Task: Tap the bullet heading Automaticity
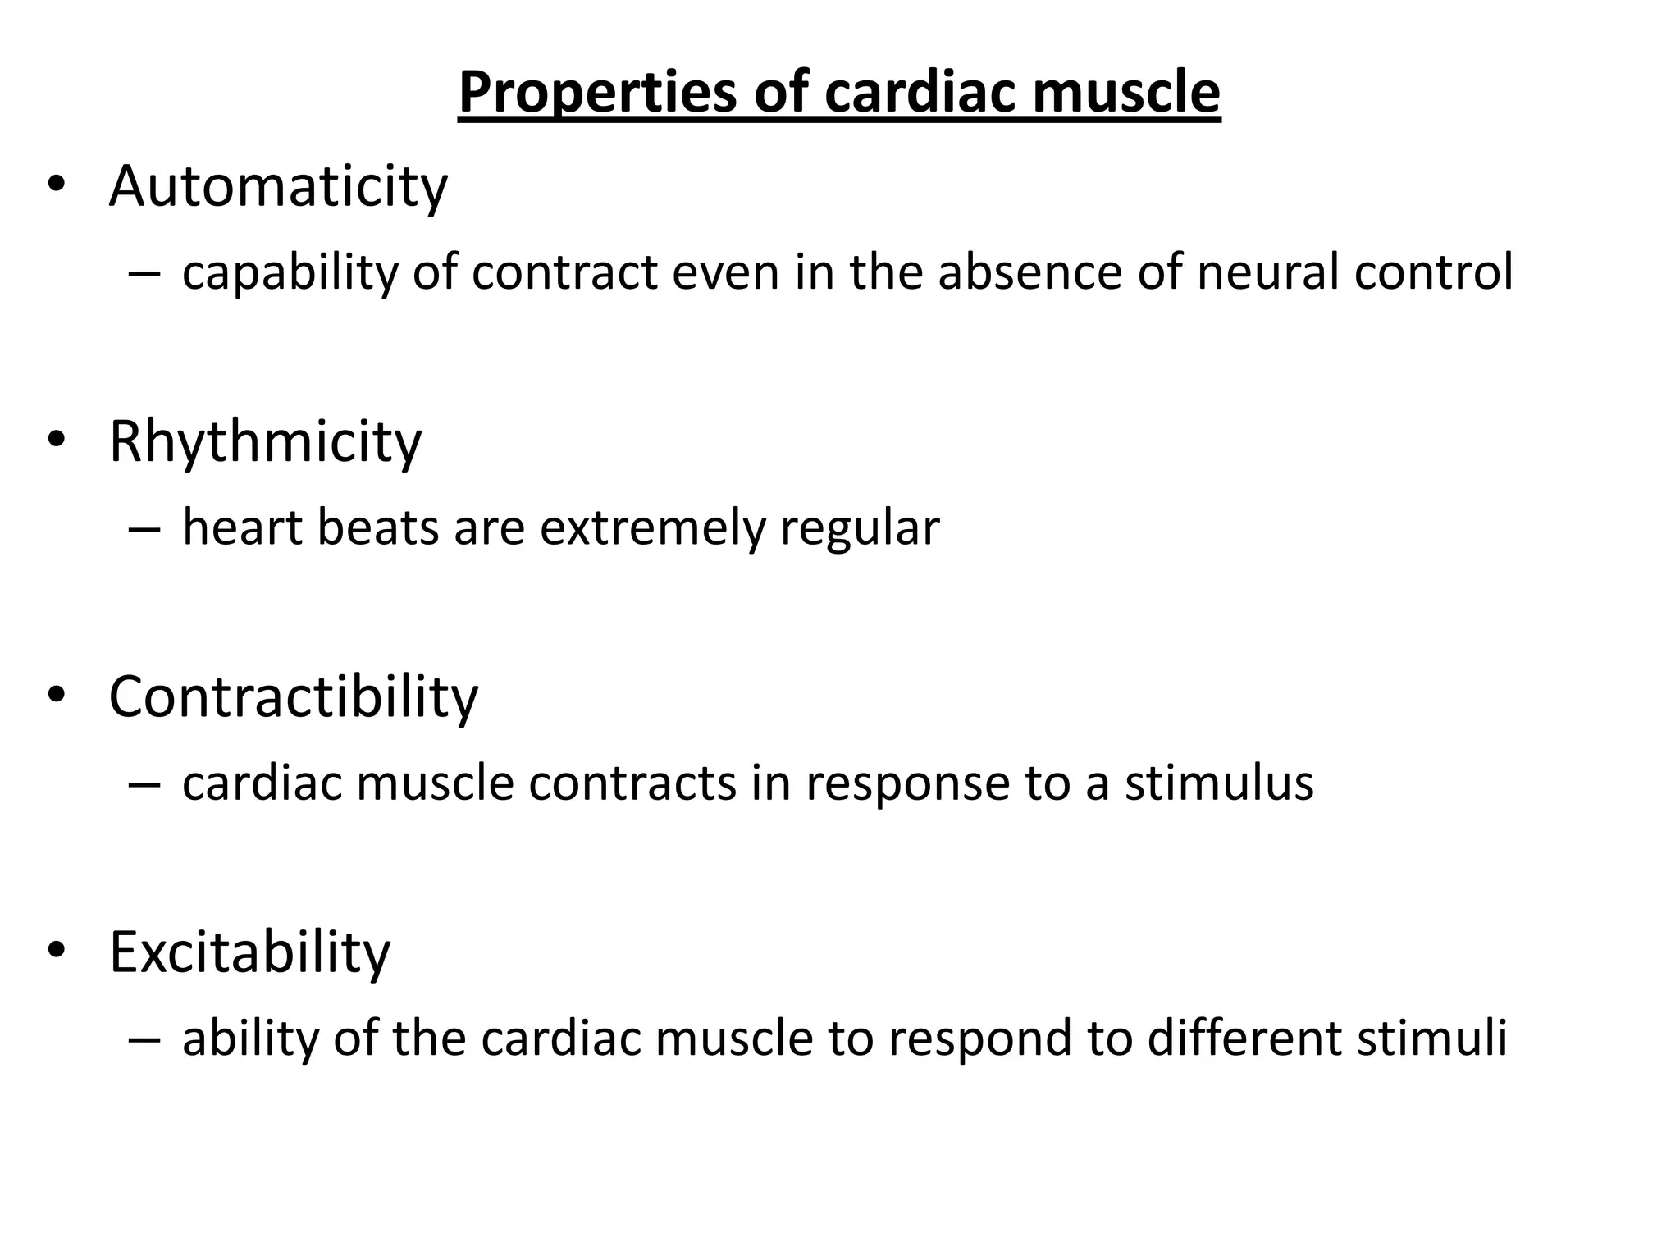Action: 278,186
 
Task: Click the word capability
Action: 289,272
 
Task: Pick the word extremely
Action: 651,527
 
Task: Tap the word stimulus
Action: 1219,783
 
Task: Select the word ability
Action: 249,1038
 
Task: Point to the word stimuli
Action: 1432,1038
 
